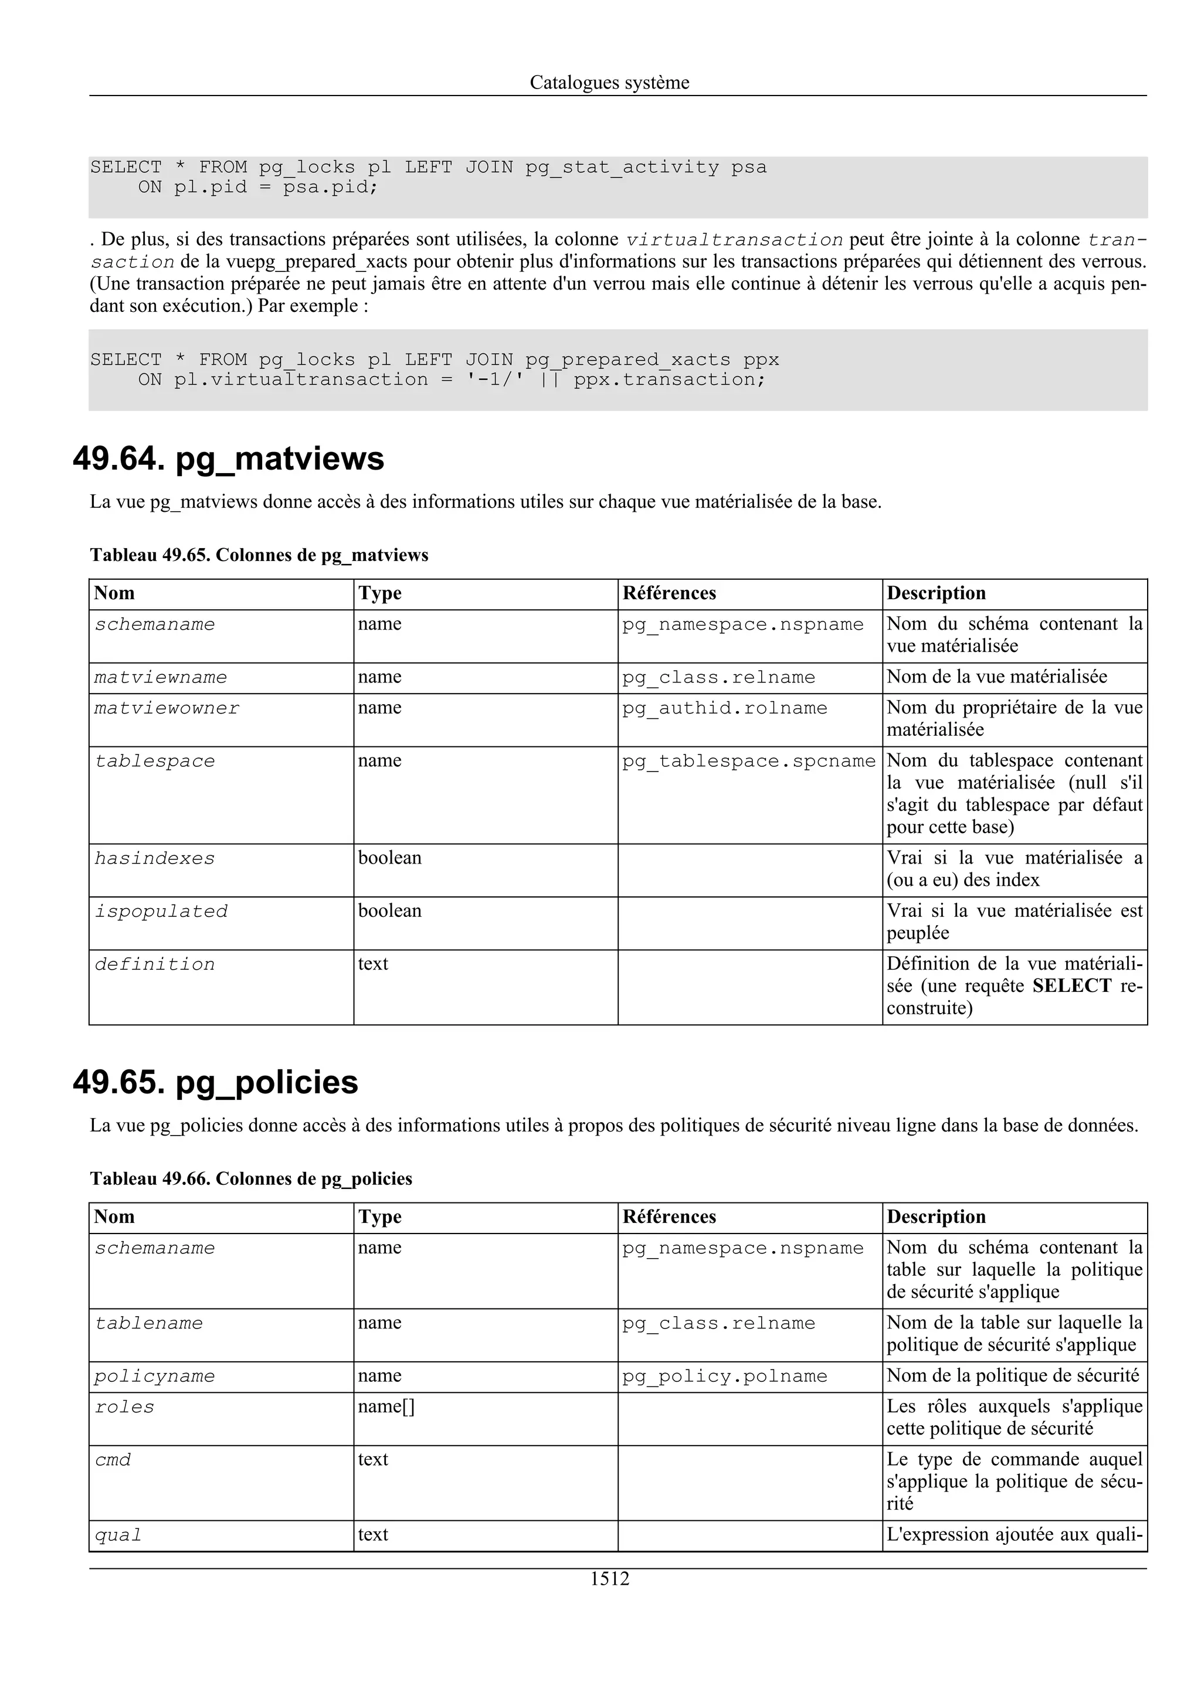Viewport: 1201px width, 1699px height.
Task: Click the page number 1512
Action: click(x=609, y=1579)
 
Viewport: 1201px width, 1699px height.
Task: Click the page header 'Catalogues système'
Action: click(x=609, y=82)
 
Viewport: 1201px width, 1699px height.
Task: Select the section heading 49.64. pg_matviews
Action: click(x=229, y=459)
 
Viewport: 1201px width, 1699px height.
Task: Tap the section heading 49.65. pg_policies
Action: click(x=215, y=1083)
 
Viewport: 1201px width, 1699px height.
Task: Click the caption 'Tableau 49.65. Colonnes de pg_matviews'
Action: click(x=259, y=555)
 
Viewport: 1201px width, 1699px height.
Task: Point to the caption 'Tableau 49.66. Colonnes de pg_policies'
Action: click(x=251, y=1179)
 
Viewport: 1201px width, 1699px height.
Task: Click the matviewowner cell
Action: click(x=167, y=708)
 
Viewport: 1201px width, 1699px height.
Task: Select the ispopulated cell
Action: click(x=161, y=912)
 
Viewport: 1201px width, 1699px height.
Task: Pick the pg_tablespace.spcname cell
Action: click(x=749, y=762)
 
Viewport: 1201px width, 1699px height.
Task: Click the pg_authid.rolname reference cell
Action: click(x=724, y=708)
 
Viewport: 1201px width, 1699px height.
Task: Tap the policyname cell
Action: click(x=155, y=1377)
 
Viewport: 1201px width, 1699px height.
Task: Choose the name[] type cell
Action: click(x=386, y=1406)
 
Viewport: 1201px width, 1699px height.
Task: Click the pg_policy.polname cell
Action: click(x=724, y=1377)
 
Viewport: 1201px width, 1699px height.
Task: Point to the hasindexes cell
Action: click(x=155, y=858)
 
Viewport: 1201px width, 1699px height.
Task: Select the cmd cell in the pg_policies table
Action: click(x=113, y=1460)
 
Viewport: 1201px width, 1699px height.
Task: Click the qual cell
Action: click(x=118, y=1535)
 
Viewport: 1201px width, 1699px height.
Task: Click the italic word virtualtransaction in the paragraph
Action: click(x=734, y=240)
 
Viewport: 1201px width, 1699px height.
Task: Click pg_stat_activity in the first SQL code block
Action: click(x=622, y=168)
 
